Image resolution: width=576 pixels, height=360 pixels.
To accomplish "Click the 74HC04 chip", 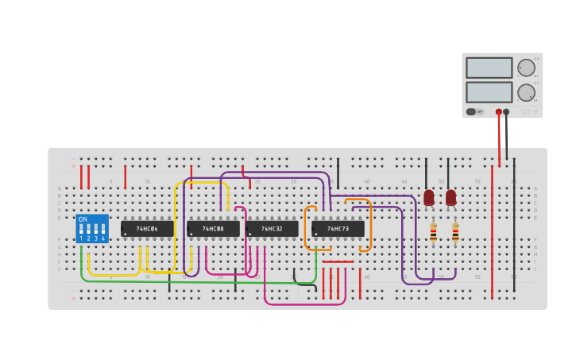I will click(147, 229).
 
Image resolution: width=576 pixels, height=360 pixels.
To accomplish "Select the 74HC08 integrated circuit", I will click(213, 229).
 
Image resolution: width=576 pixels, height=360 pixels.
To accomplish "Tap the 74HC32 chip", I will click(272, 229).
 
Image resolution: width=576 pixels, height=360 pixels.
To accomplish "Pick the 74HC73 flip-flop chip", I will click(338, 229).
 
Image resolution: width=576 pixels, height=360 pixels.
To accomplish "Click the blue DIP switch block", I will click(92, 229).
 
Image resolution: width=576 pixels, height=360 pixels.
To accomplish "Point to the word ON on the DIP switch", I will click(83, 219).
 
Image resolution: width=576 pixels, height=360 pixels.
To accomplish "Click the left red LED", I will click(429, 197).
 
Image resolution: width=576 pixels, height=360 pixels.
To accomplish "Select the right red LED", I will click(451, 197).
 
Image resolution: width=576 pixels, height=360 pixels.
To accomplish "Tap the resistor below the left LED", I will click(433, 232).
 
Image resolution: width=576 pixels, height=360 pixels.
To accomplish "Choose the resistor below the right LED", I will click(455, 232).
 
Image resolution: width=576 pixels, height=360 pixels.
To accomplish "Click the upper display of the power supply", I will click(489, 68).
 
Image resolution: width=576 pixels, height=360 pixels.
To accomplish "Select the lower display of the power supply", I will click(489, 92).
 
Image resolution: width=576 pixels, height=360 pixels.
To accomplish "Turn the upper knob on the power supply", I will click(526, 68).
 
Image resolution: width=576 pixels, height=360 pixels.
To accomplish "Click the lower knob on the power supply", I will click(526, 92).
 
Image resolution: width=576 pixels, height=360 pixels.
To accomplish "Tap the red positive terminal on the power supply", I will click(499, 112).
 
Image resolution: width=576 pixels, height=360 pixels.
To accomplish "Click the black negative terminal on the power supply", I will click(507, 112).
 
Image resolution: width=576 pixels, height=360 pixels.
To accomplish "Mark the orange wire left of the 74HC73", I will click(307, 229).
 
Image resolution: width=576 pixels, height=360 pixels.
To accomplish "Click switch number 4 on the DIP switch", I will click(102, 230).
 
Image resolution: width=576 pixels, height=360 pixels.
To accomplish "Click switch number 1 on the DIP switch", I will click(81, 230).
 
